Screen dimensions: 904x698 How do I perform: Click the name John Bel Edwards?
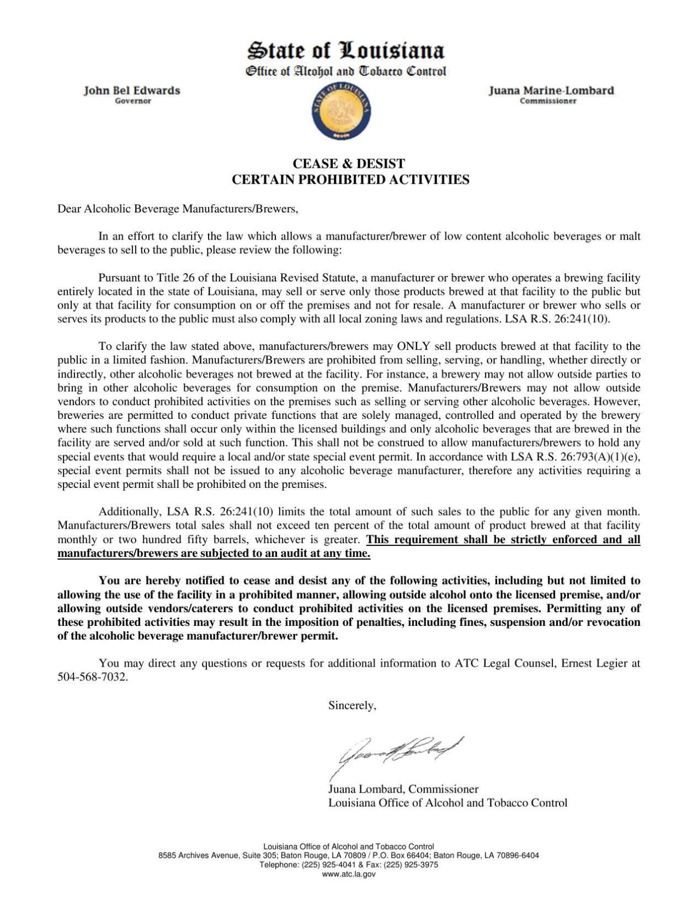[x=132, y=91]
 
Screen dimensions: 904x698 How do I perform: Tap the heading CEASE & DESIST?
[x=349, y=164]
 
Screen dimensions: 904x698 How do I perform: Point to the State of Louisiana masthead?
[x=345, y=51]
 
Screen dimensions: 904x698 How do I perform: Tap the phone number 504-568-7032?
[x=92, y=677]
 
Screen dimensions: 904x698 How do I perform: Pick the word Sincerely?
[x=352, y=705]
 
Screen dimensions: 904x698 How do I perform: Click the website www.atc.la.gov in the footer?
[x=349, y=874]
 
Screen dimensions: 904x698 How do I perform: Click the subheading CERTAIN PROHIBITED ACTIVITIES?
[x=350, y=180]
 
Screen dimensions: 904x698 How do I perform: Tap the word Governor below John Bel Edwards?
[x=132, y=101]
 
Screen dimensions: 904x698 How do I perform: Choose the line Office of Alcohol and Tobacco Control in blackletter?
[x=345, y=71]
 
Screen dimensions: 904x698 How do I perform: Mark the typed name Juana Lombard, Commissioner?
[x=403, y=789]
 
